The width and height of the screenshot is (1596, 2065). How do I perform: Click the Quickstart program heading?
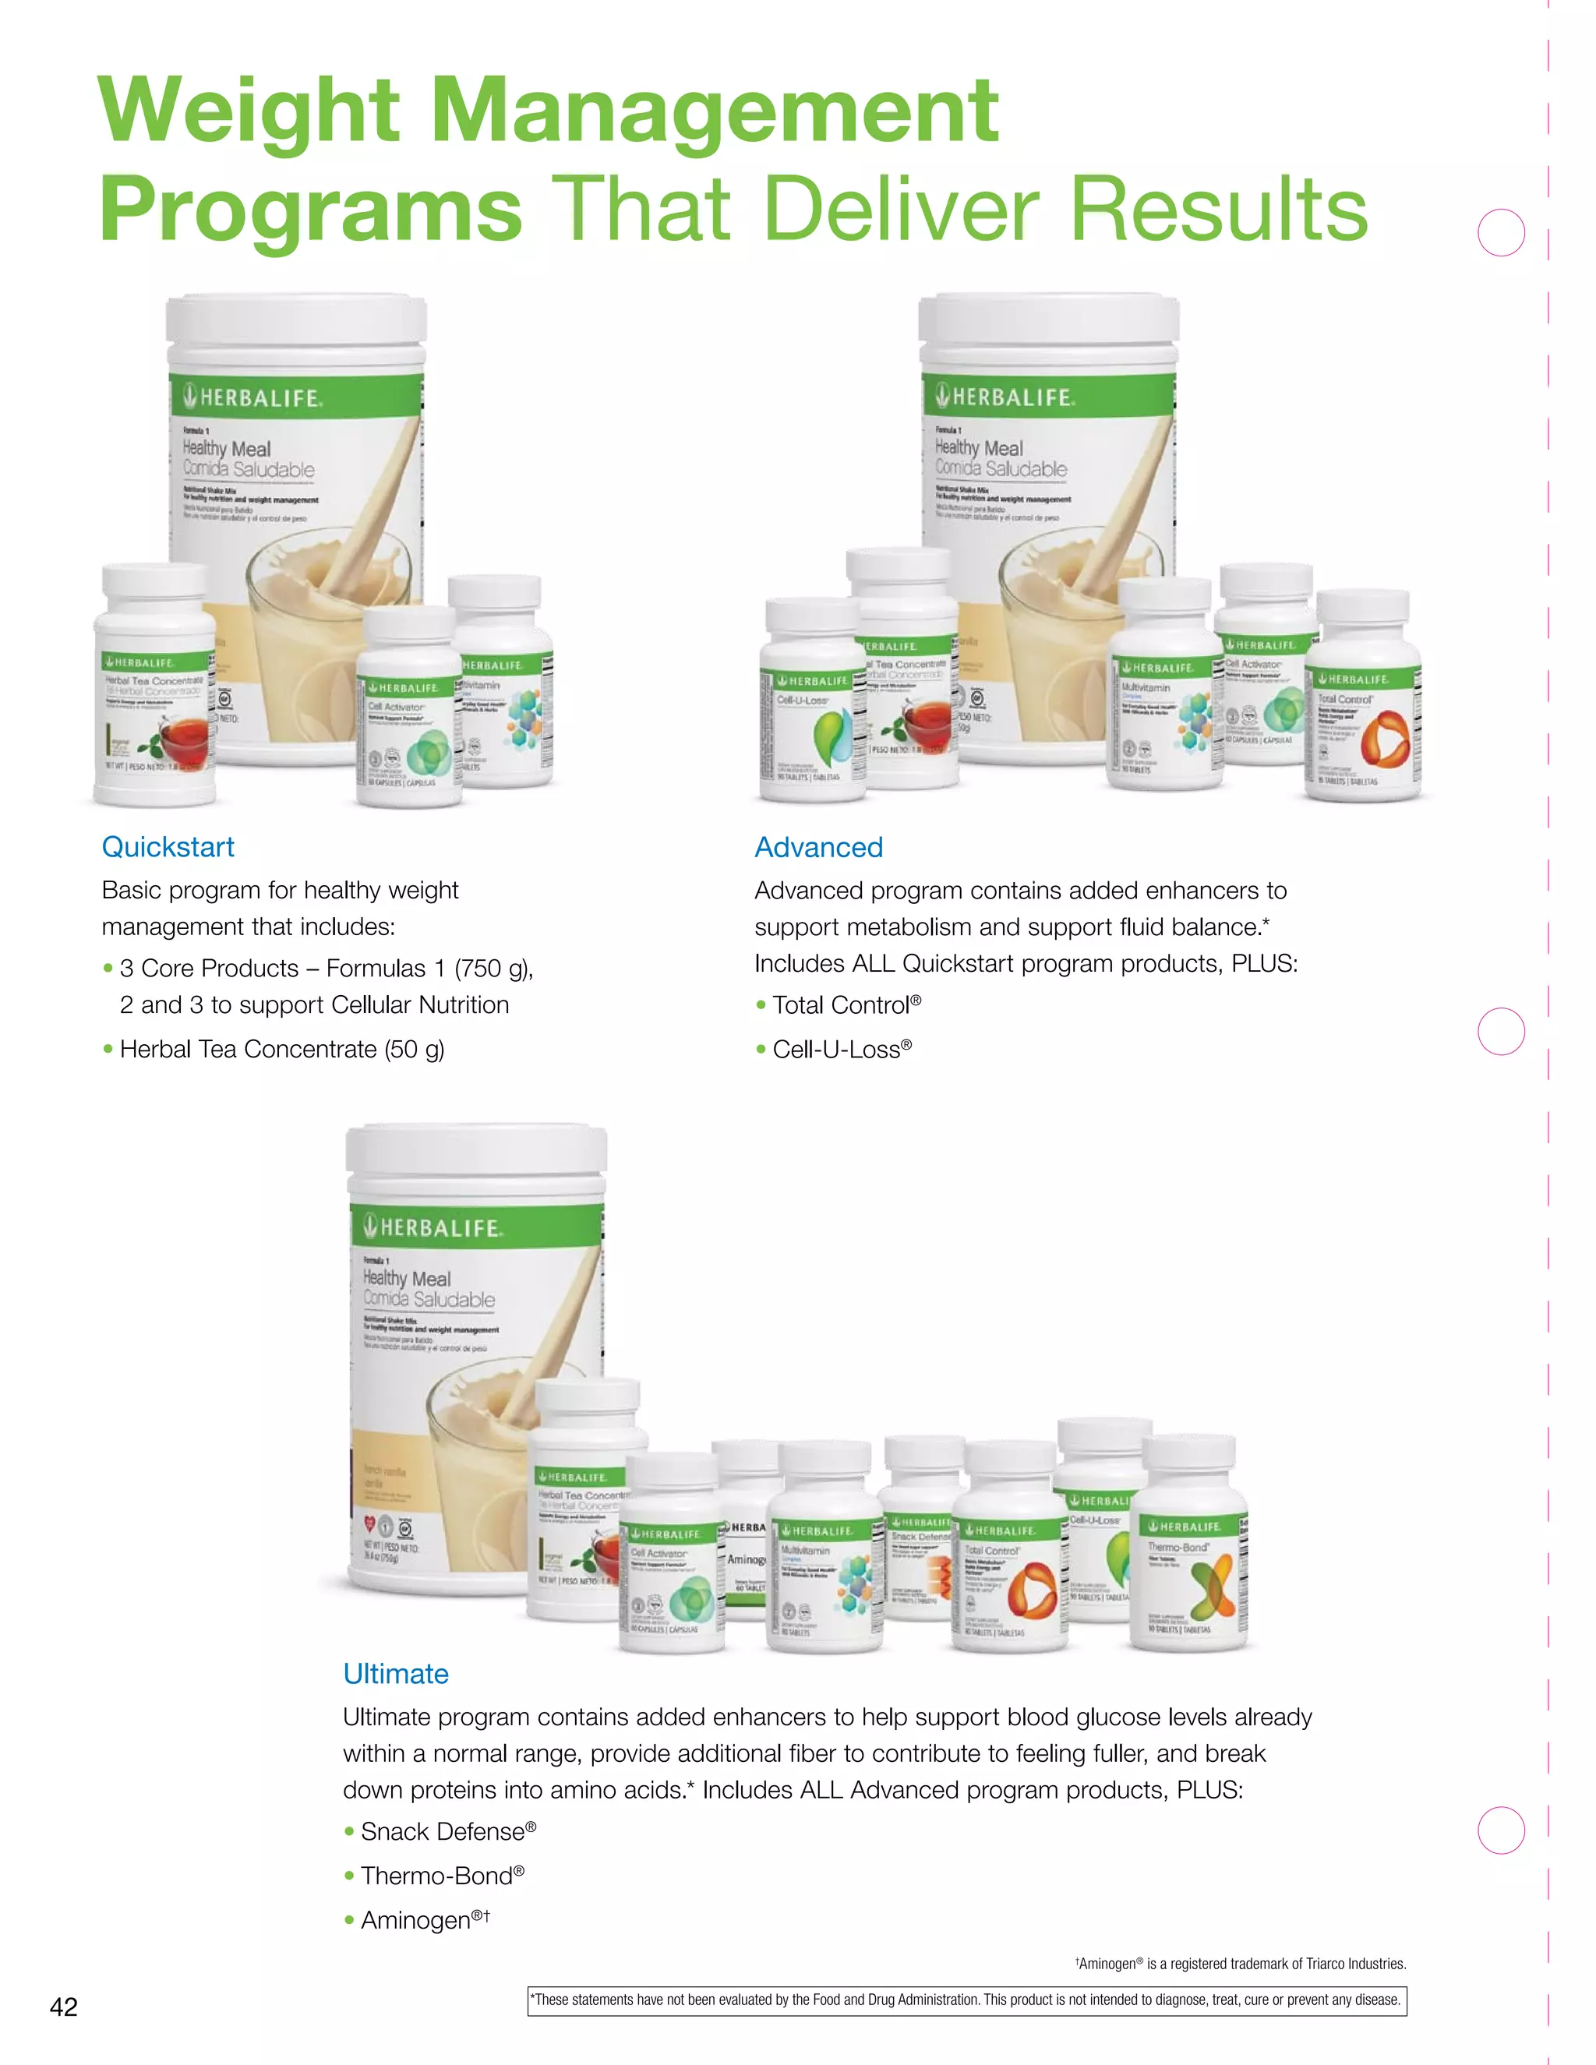coord(168,846)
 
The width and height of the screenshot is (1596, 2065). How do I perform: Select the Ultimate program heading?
coord(395,1674)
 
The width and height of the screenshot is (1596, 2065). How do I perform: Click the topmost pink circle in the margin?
coord(1502,232)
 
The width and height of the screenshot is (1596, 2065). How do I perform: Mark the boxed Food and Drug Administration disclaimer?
coord(966,2000)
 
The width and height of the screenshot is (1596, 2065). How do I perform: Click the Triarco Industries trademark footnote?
coord(1241,1964)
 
